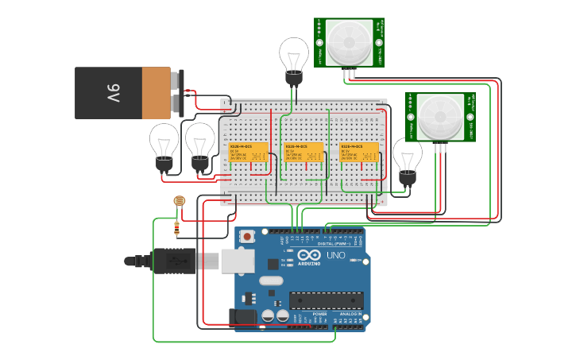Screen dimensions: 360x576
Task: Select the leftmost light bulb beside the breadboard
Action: (x=164, y=144)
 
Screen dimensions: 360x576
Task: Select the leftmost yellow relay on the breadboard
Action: (x=248, y=153)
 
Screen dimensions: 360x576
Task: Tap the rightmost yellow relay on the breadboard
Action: (x=359, y=153)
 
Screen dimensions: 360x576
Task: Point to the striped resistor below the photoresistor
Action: (x=176, y=229)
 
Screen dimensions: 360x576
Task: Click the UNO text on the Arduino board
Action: (x=336, y=256)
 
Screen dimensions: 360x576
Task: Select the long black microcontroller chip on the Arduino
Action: (x=326, y=299)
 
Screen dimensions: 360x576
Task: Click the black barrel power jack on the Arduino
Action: (x=244, y=317)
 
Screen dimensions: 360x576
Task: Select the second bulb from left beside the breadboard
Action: (x=199, y=144)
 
